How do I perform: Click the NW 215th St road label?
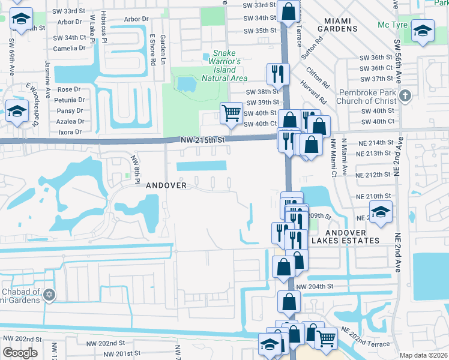tap(202, 140)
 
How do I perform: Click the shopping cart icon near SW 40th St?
tap(231, 112)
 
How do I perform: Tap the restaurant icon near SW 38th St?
tap(277, 73)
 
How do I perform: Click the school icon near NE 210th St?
tap(380, 212)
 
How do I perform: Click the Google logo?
tap(20, 353)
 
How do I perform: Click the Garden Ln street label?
tap(162, 50)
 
